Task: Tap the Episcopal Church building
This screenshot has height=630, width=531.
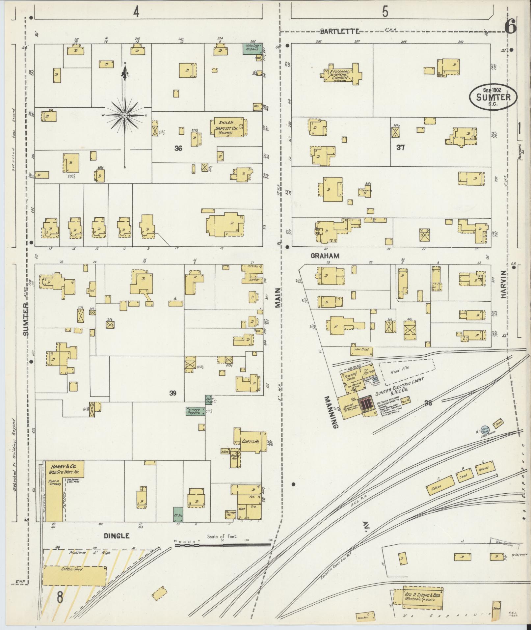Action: [341, 74]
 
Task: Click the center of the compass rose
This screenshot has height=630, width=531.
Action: [125, 115]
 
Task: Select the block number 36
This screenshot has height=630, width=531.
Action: [178, 149]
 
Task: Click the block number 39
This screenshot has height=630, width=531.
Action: [173, 393]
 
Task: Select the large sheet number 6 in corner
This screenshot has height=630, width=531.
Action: [510, 26]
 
